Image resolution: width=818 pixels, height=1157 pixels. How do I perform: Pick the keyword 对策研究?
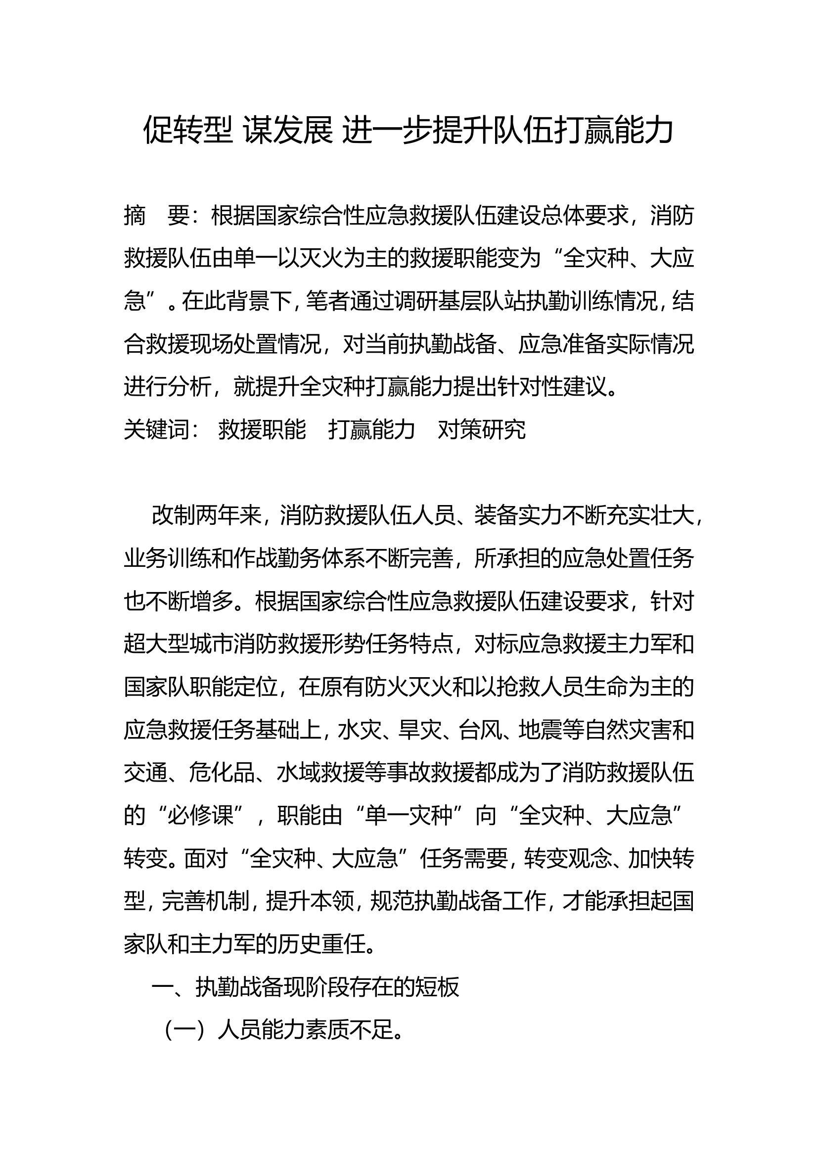click(482, 429)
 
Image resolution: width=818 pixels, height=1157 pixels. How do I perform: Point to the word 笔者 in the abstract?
click(327, 301)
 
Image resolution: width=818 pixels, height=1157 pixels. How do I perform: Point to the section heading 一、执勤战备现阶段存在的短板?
click(305, 986)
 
